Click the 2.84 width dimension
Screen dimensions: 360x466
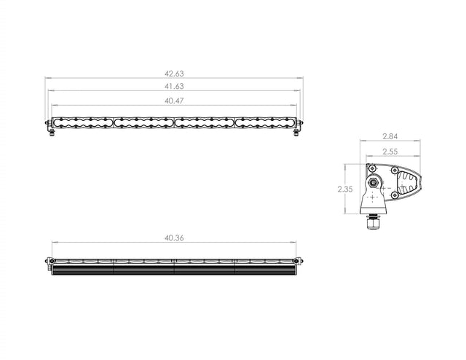(x=391, y=136)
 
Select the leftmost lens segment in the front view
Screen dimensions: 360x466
(x=82, y=122)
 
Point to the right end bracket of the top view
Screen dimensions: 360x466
(x=296, y=261)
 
